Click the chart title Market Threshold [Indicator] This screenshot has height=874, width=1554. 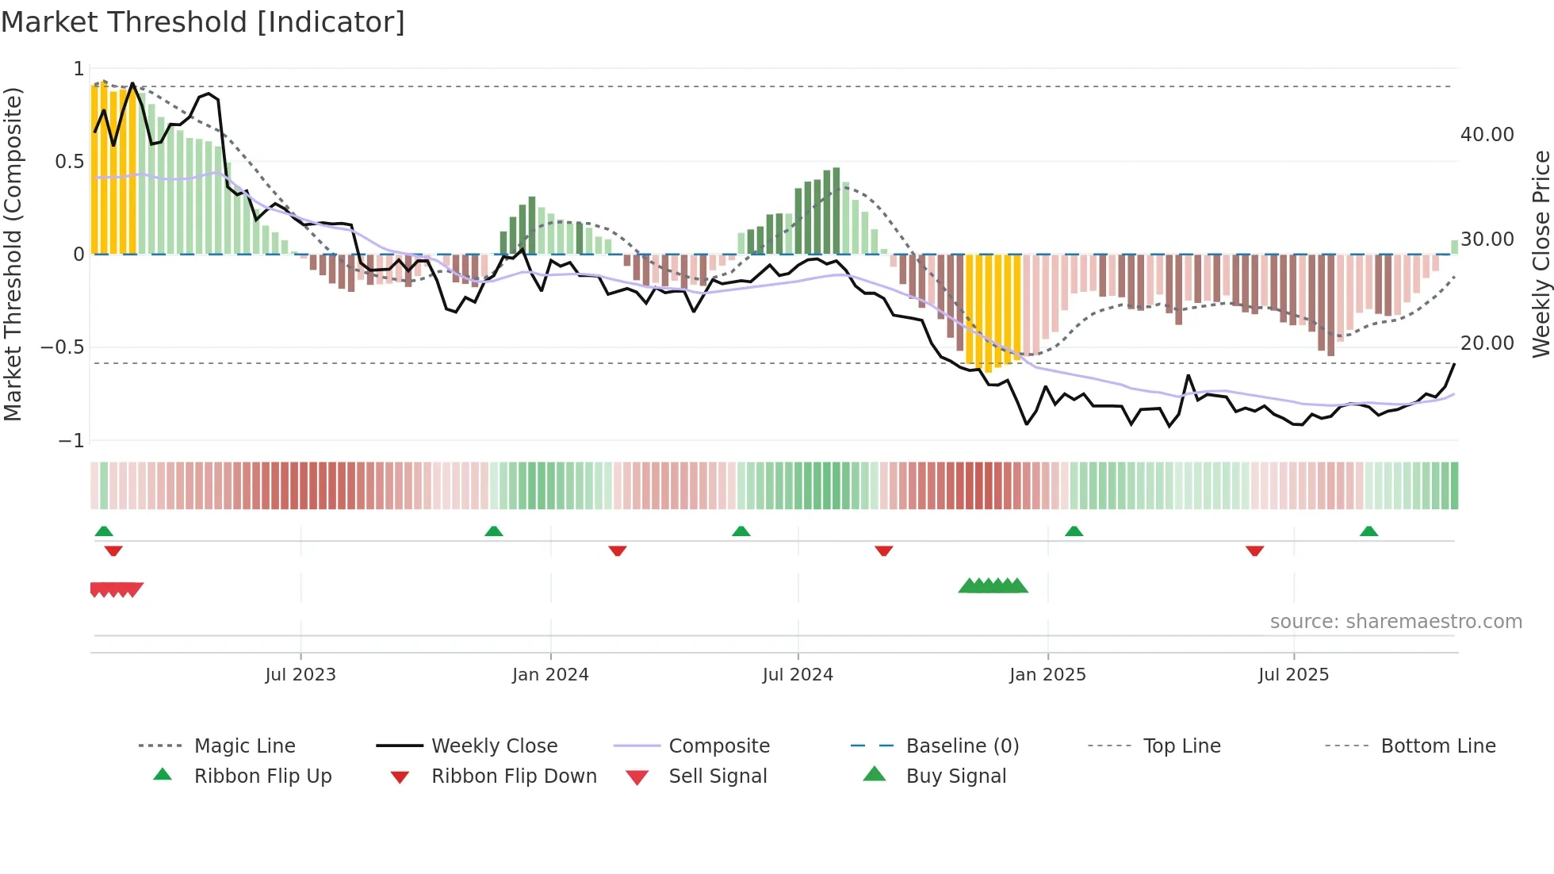click(x=203, y=22)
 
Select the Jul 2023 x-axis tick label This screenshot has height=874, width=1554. click(x=300, y=675)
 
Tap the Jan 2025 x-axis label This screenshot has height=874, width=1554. click(x=1047, y=675)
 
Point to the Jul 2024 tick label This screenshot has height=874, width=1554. click(x=798, y=675)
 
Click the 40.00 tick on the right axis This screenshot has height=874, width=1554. click(x=1487, y=135)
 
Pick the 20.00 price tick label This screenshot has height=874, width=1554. click(x=1487, y=343)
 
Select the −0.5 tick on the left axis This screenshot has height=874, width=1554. click(x=62, y=347)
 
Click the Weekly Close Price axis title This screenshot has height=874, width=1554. click(x=1541, y=254)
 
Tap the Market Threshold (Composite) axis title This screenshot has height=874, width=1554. click(x=13, y=254)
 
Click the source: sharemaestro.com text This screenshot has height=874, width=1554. click(x=1395, y=622)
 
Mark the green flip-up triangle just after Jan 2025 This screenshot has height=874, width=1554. click(x=1074, y=531)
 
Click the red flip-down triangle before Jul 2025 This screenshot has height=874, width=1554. click(x=1254, y=550)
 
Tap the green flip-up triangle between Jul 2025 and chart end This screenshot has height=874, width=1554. click(x=1368, y=531)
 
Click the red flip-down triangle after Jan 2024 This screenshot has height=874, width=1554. click(x=618, y=550)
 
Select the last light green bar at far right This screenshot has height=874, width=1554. click(x=1454, y=247)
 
